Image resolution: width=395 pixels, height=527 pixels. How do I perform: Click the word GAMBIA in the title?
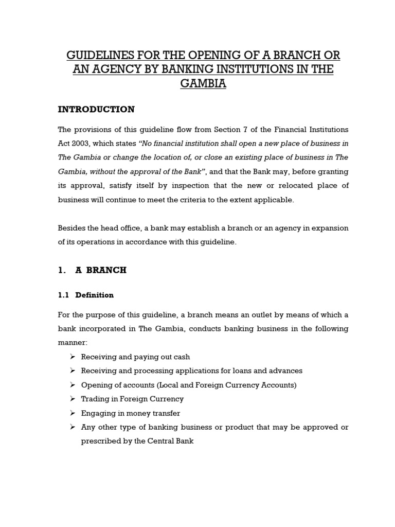[203, 83]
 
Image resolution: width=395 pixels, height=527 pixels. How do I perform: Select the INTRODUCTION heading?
[96, 109]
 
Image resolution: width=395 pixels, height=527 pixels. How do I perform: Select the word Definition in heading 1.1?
[95, 295]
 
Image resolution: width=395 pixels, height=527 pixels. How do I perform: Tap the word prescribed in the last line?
[100, 441]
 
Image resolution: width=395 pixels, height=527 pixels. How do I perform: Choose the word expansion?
[329, 228]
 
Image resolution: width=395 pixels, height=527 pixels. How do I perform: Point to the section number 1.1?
[63, 295]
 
